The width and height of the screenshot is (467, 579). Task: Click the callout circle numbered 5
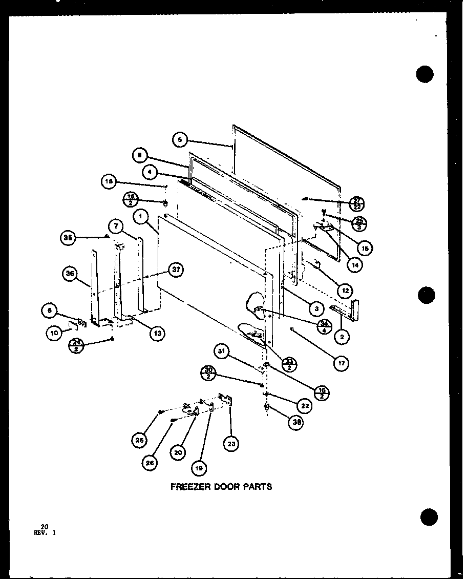point(179,139)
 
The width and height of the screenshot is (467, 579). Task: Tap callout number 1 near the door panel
point(139,216)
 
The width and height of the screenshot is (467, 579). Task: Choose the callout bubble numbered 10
point(54,333)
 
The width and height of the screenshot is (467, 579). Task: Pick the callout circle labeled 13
point(157,333)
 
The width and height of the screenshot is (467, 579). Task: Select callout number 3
point(317,308)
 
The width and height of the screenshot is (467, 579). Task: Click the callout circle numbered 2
point(341,337)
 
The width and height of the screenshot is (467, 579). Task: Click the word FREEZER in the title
point(189,486)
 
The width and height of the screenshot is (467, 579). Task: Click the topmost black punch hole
point(424,75)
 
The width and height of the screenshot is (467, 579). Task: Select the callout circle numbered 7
point(116,226)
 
